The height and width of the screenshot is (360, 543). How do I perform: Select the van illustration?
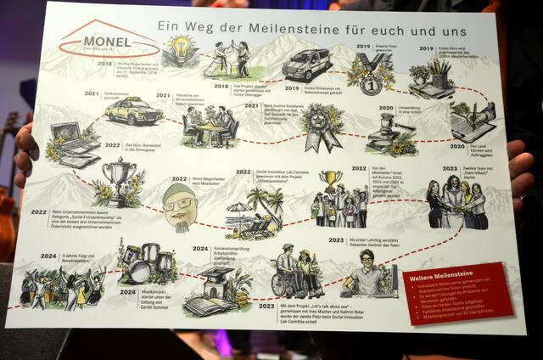(306, 65)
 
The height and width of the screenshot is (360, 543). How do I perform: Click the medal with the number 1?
(369, 74)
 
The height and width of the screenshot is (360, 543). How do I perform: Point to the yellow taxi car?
(134, 109)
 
